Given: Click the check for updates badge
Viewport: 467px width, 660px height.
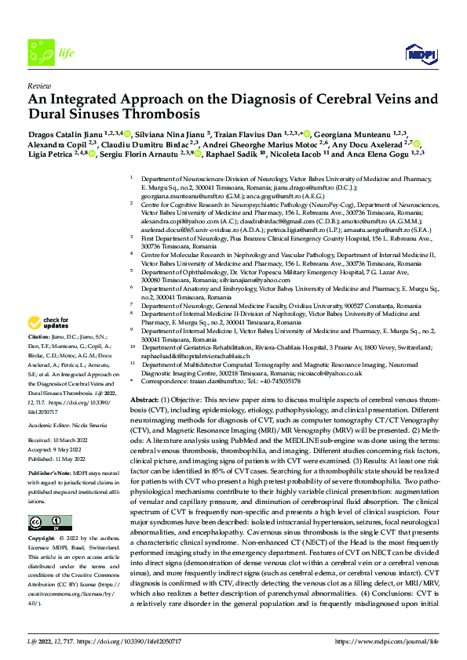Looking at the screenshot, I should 49,322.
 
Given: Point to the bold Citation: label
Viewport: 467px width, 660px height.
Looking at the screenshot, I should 40,338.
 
